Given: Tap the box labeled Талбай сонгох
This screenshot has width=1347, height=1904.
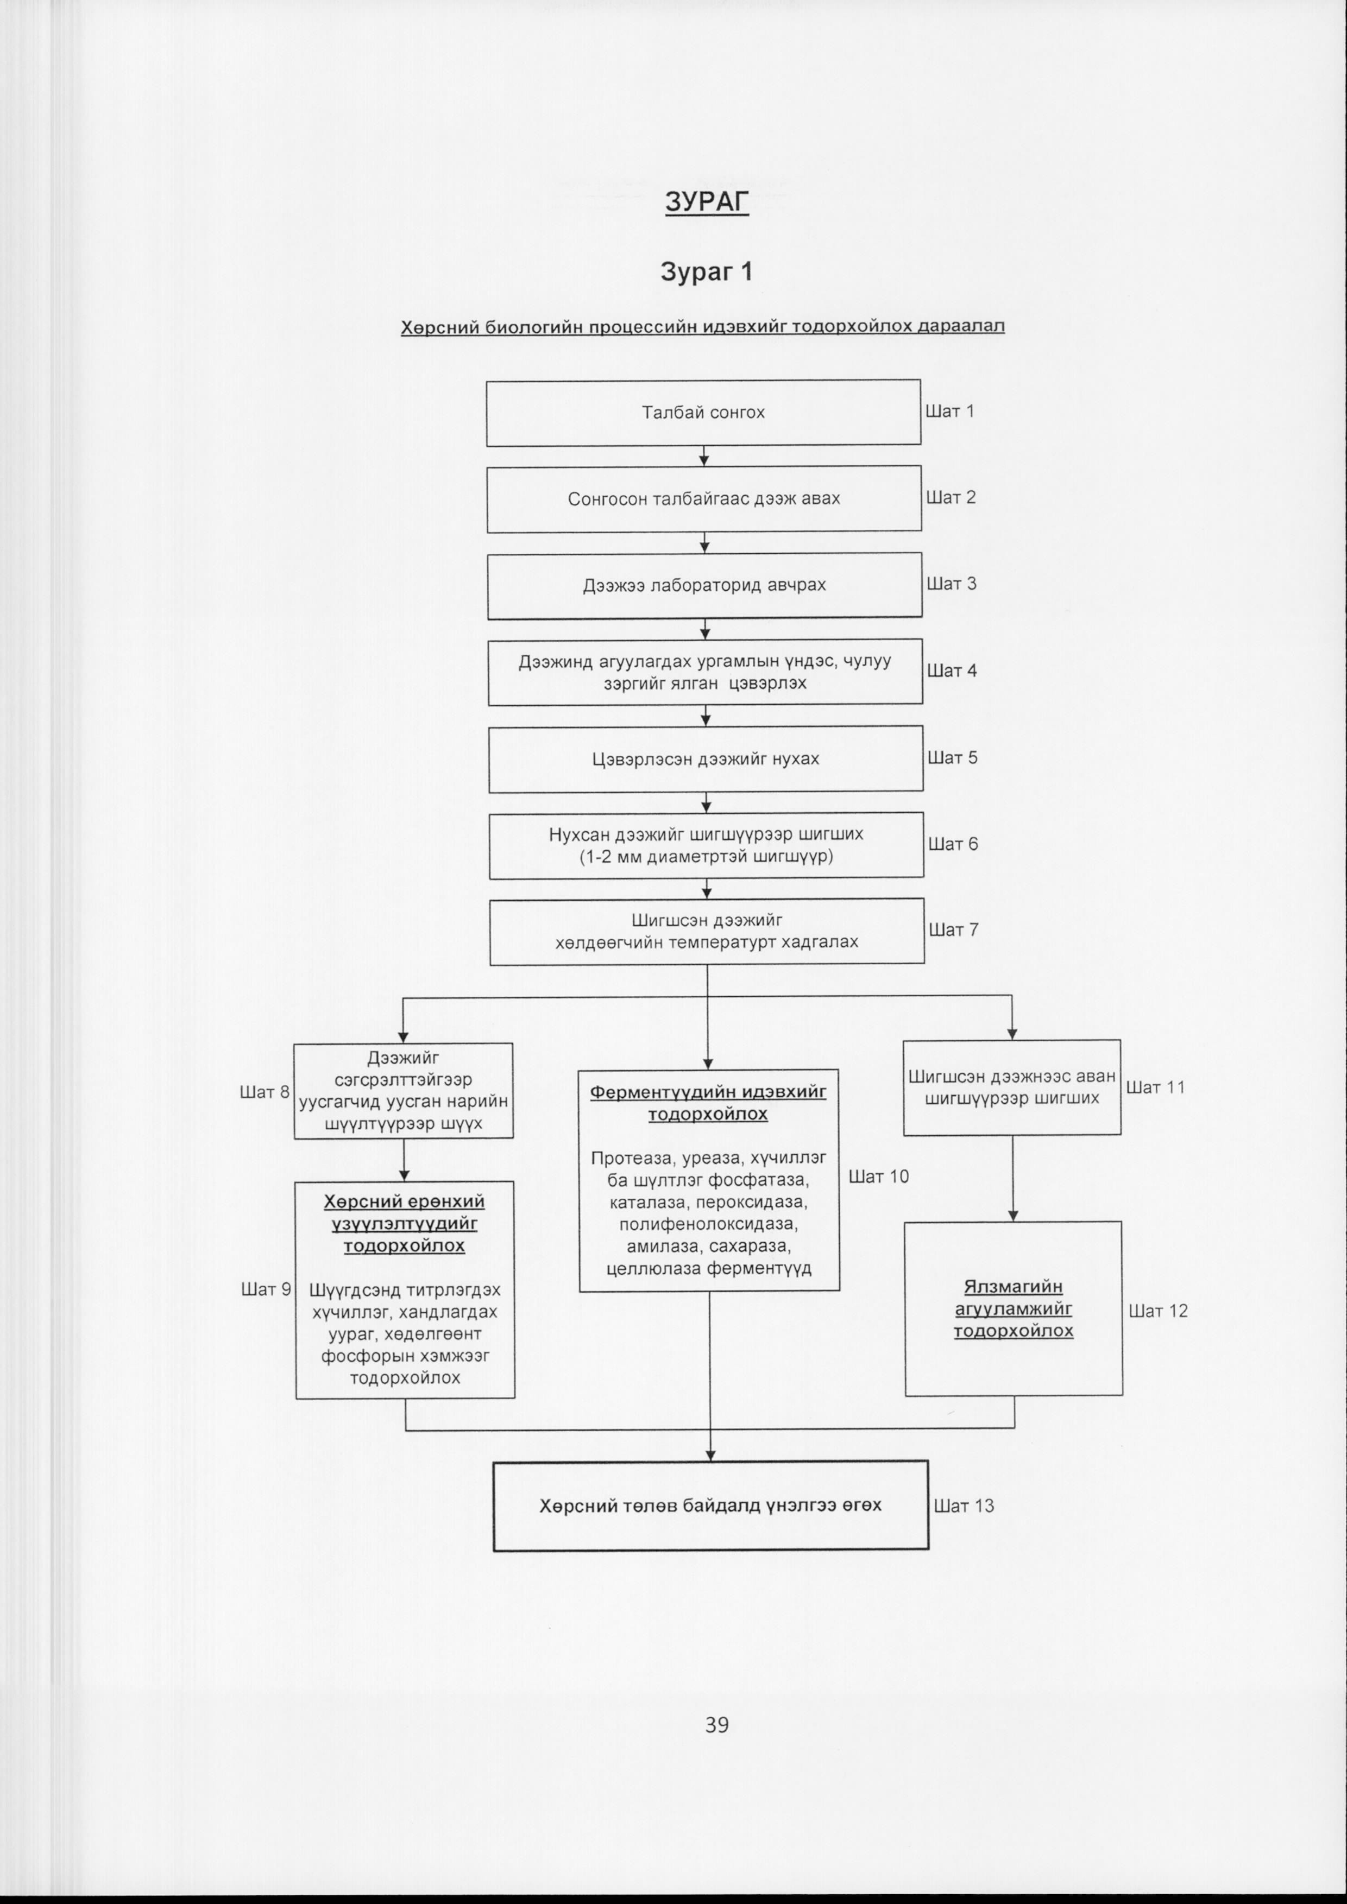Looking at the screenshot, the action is coord(703,413).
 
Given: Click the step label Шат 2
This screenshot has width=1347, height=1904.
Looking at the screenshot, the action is coord(952,497).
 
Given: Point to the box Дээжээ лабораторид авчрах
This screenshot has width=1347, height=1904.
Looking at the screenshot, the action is coord(704,585).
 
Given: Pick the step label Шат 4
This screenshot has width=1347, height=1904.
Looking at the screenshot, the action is coord(952,671).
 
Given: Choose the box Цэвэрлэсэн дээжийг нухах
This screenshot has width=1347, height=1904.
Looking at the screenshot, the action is coord(706,760).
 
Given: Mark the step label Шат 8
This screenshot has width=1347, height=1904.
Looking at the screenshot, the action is coord(265,1092).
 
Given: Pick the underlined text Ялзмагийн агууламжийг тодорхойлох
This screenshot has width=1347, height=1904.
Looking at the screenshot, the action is coord(1014,1308).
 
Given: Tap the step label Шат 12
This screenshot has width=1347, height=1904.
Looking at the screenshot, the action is coord(1158,1311).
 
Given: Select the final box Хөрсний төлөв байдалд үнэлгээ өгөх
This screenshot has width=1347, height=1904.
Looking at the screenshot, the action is coord(711,1505).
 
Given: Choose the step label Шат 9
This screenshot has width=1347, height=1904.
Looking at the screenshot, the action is coord(266,1289).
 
